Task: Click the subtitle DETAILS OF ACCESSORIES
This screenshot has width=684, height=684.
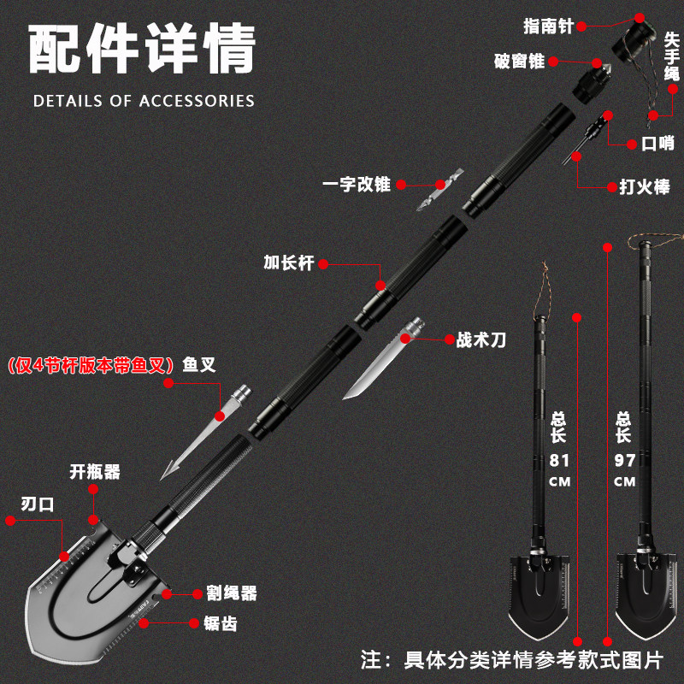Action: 144,101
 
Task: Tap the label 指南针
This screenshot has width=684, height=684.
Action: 549,26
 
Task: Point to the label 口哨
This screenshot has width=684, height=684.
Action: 657,144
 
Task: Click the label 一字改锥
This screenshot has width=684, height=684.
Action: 357,184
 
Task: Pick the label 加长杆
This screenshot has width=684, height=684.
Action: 289,263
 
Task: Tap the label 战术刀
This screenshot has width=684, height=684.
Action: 481,339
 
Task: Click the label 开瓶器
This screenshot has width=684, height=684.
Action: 95,471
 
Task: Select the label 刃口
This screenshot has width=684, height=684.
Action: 38,504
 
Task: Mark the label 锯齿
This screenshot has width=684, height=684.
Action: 220,623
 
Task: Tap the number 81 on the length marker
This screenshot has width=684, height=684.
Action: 559,460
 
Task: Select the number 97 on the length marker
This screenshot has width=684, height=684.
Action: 625,460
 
